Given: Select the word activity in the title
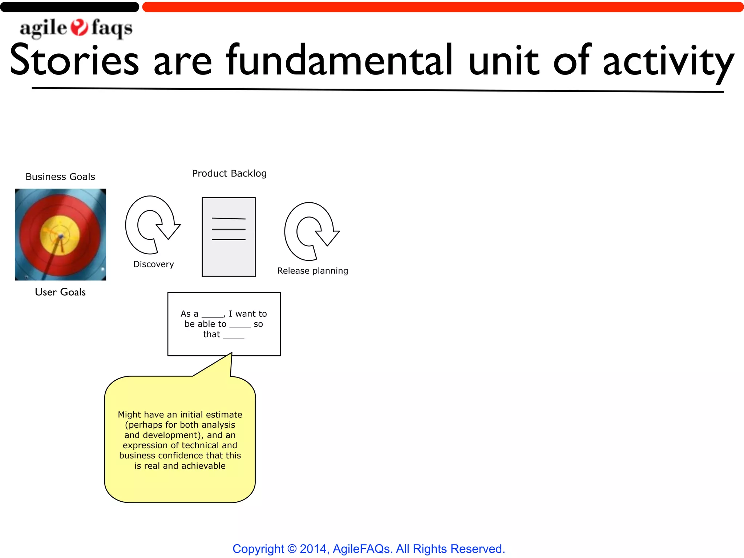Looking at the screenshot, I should coord(668,62).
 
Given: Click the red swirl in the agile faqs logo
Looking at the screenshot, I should coord(79,28).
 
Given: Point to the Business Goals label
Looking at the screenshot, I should coord(60,177).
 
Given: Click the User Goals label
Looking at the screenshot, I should coord(60,292).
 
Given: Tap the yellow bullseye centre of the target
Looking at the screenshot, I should coord(60,235).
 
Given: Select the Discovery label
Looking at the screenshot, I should coord(154,264).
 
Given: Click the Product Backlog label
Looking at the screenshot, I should coord(229,174).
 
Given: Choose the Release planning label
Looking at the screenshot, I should coord(312,271).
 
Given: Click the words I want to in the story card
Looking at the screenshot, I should coord(248,314).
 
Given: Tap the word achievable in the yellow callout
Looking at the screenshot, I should coord(203,466).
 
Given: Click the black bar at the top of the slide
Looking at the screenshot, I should coord(69,7).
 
